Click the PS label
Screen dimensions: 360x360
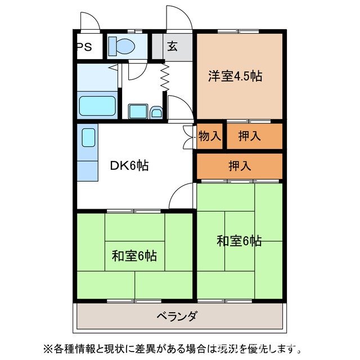[x=85, y=47]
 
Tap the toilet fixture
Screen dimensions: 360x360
[x=119, y=46]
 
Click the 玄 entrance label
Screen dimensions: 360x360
[x=172, y=47]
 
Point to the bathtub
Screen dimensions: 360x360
[x=97, y=105]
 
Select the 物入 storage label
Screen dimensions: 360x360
[x=210, y=136]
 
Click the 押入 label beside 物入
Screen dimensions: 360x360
[x=249, y=136]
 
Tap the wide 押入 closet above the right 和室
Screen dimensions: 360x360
[x=240, y=165]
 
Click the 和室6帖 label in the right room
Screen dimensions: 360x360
[x=239, y=241]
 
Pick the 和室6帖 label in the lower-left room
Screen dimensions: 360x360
[x=133, y=256]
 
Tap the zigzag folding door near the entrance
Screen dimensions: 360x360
[x=166, y=77]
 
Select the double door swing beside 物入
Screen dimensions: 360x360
[x=188, y=136]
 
